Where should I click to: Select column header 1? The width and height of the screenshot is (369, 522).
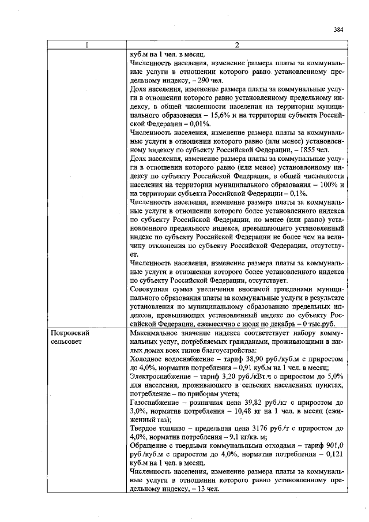[x=88, y=46]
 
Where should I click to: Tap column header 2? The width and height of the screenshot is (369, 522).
[x=237, y=46]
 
